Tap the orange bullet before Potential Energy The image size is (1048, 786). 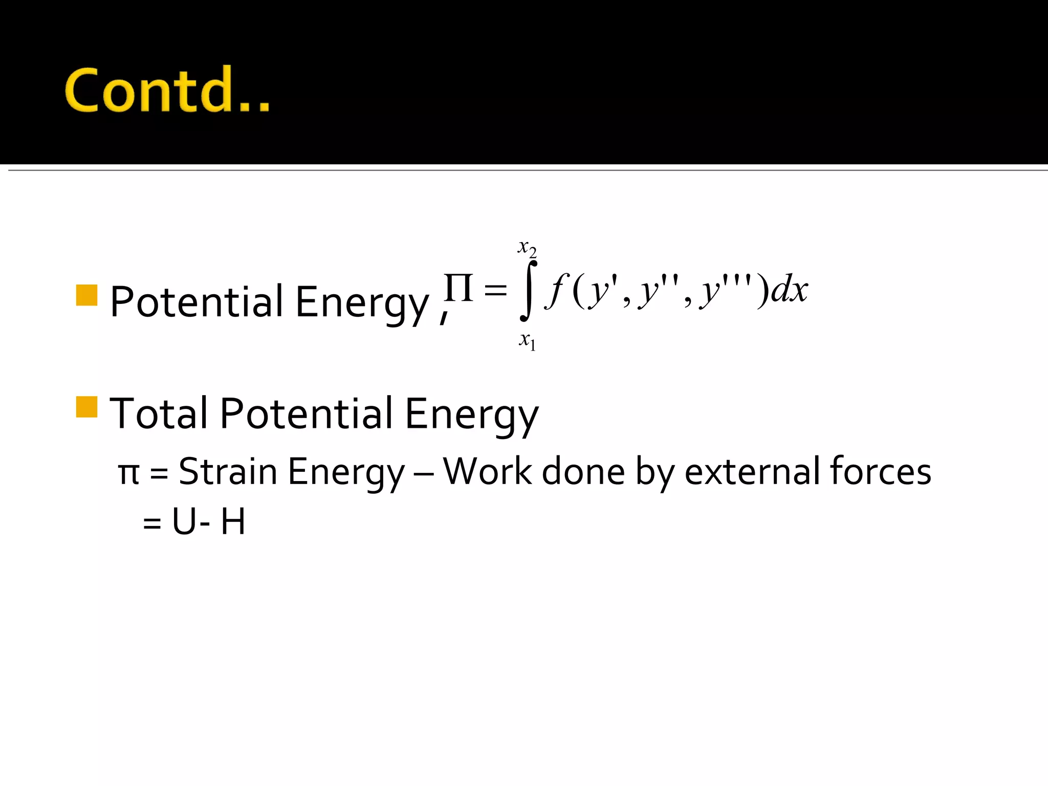coord(86,295)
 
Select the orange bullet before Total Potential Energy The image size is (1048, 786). coord(86,407)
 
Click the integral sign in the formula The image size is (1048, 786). coord(529,290)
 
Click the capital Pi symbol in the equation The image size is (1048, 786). coord(458,288)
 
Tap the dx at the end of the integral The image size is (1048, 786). coord(790,290)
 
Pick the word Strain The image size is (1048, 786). coord(228,471)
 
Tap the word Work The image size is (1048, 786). coord(487,471)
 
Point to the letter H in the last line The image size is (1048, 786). coord(233,522)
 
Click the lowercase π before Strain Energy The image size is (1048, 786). coord(128,474)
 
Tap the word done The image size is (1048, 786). coord(583,471)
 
